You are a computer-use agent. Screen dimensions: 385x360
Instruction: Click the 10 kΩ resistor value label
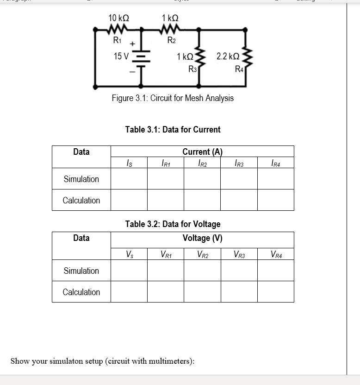tap(118, 18)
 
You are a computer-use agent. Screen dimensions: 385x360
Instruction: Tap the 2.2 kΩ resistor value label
tap(228, 57)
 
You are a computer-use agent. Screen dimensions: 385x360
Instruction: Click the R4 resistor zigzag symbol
tap(247, 57)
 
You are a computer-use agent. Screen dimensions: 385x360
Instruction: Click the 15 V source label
tap(121, 57)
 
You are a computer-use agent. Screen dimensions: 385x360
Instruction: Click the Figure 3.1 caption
tap(173, 98)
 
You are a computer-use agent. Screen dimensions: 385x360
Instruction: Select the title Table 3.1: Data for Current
tap(173, 130)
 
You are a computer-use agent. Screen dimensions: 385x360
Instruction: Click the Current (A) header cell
tap(202, 151)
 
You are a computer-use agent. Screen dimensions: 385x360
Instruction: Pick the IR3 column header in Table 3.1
tap(239, 163)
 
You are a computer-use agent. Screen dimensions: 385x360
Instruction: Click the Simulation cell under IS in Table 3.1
tap(129, 179)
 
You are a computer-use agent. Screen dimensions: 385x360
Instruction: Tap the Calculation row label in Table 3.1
tap(81, 200)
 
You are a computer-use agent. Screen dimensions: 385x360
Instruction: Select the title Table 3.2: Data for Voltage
tap(173, 224)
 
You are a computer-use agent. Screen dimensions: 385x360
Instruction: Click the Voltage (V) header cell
tap(202, 238)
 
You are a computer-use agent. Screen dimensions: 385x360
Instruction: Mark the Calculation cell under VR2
tap(202, 292)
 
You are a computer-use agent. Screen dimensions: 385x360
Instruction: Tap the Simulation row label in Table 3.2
tap(81, 271)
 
